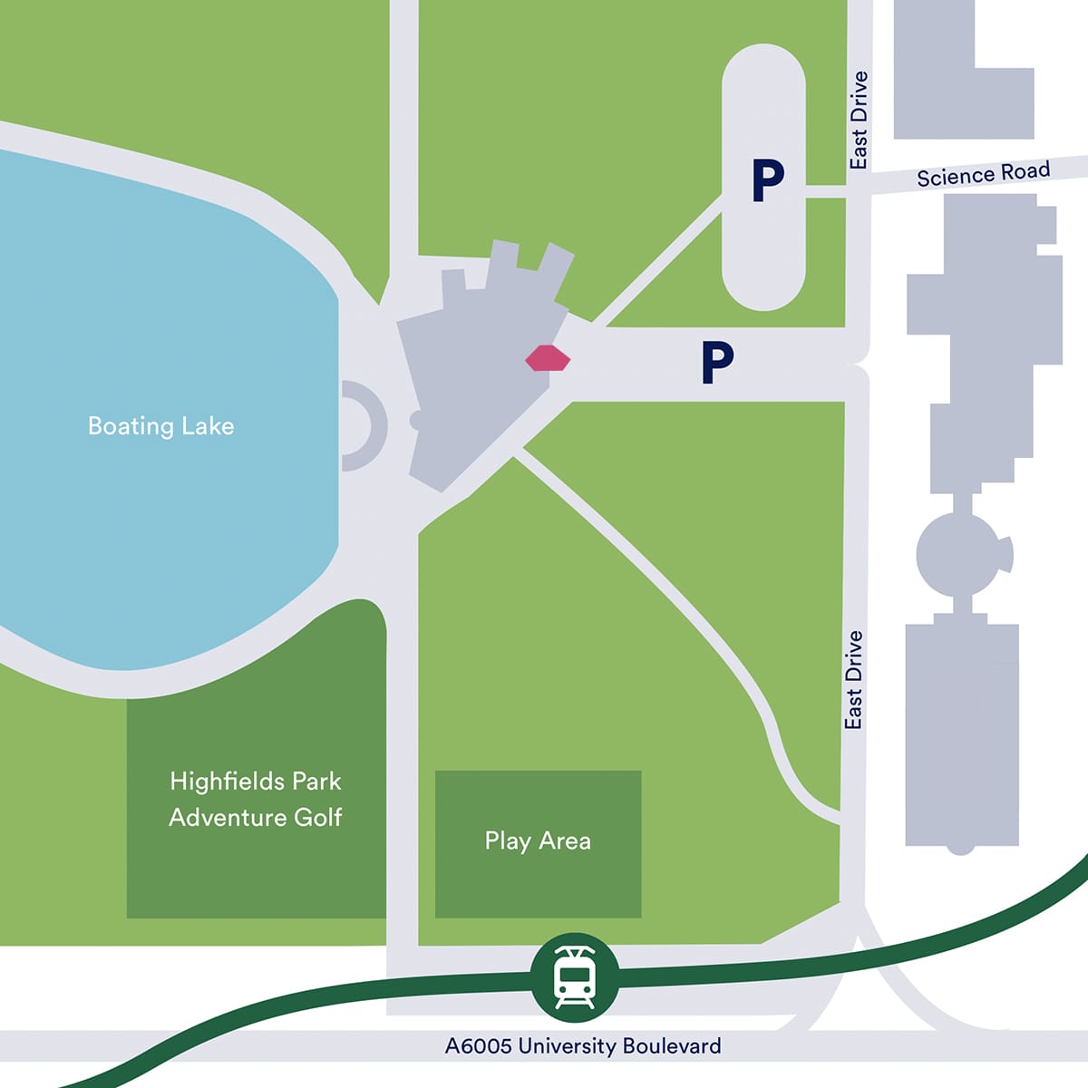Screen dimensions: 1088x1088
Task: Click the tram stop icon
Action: [x=575, y=976]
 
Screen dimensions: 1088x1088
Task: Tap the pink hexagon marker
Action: [x=548, y=359]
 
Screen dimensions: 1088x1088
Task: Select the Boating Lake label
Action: [x=160, y=426]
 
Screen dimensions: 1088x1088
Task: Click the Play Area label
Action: [x=538, y=840]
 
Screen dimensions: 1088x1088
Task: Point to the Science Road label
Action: [x=983, y=173]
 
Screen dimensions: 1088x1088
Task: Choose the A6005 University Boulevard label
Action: [x=583, y=1045]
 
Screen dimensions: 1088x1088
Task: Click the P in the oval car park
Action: [x=767, y=180]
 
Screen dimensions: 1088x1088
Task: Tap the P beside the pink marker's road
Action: [x=716, y=363]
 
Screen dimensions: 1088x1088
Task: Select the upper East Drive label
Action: [x=859, y=120]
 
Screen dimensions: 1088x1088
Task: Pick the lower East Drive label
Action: [x=853, y=680]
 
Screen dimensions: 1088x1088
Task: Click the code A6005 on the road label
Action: [x=477, y=1045]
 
